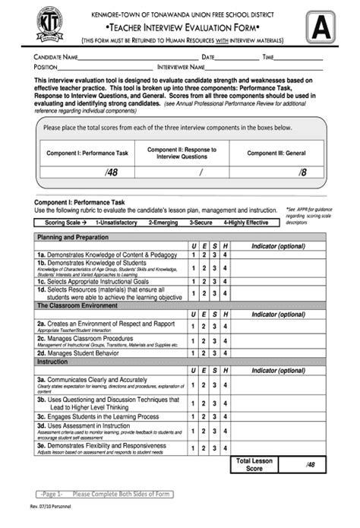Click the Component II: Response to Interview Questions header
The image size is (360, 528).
click(182, 153)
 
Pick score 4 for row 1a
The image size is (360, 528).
click(226, 255)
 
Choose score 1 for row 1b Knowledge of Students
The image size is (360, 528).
click(194, 267)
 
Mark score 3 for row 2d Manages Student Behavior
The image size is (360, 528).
click(215, 353)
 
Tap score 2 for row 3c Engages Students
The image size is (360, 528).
click(204, 416)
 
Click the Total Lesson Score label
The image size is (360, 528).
click(254, 465)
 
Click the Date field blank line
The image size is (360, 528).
click(236, 58)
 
